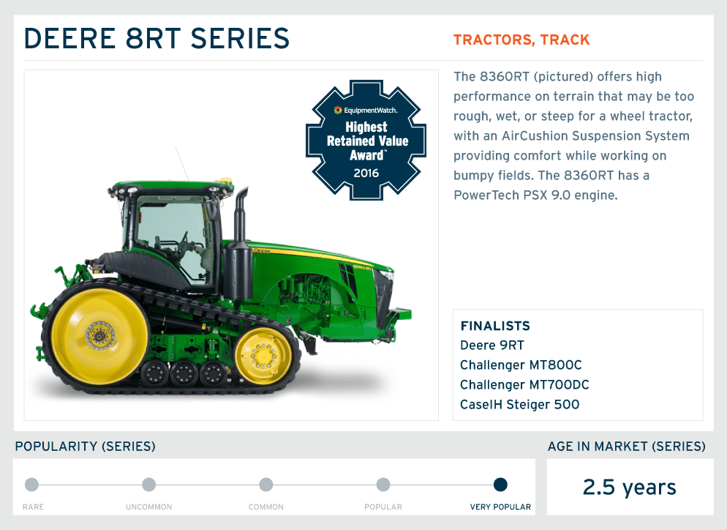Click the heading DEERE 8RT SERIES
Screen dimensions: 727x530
pos(157,38)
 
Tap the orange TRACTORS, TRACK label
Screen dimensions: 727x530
pos(521,40)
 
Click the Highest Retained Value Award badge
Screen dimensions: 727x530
pos(366,140)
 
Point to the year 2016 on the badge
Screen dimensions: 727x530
pos(366,173)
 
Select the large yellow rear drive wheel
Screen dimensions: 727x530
pos(99,336)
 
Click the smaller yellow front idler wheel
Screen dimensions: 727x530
pos(263,356)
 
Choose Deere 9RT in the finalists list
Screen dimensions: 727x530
pos(492,346)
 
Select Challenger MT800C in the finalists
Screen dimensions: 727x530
pos(521,365)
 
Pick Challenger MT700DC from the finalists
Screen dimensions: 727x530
pos(524,385)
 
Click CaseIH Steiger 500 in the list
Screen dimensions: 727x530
pos(520,405)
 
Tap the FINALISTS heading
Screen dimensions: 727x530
pos(495,326)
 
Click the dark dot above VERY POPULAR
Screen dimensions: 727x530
pos(500,485)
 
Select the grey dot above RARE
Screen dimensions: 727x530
pos(31,485)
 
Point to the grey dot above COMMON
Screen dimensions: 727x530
pos(266,485)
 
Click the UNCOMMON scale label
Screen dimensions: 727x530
pos(148,507)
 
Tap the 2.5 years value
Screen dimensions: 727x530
pos(629,488)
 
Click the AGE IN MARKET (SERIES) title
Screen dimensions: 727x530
pos(626,447)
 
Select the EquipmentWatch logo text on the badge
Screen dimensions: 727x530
pos(366,110)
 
